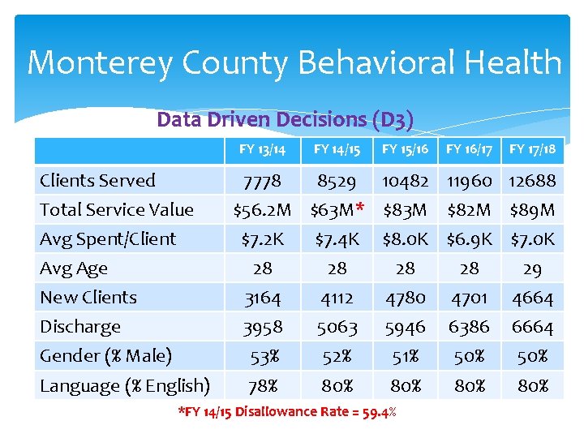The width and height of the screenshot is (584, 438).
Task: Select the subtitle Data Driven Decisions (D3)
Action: [285, 120]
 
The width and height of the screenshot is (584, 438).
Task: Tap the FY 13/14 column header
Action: [262, 150]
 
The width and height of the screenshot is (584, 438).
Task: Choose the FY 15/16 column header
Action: [405, 150]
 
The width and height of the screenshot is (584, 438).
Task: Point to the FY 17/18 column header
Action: [532, 150]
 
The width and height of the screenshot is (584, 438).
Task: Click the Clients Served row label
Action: [97, 180]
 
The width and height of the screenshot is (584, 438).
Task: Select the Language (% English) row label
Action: [125, 385]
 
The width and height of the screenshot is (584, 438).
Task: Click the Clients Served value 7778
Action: [262, 181]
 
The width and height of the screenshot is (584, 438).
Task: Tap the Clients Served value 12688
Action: [532, 181]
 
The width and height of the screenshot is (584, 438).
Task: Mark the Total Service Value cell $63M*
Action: [336, 211]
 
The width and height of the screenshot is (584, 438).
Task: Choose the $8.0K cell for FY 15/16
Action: [405, 239]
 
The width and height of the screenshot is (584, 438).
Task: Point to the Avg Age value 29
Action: [532, 268]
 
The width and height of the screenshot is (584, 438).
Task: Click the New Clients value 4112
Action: [337, 298]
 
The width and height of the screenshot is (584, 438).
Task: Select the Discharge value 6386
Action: [469, 327]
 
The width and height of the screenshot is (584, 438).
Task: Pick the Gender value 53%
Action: [262, 356]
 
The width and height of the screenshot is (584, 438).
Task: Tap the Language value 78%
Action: [262, 385]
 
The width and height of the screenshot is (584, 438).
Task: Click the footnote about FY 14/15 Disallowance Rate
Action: [287, 412]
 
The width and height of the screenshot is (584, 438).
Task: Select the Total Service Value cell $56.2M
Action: [262, 211]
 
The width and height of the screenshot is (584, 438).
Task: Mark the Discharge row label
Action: [80, 327]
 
